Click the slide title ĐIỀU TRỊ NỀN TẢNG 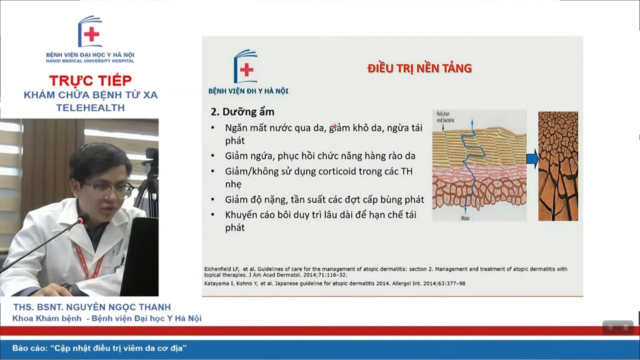(419, 68)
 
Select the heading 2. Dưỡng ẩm (242, 111)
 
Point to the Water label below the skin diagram (465, 218)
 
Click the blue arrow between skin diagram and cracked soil (532, 159)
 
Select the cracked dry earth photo (558, 166)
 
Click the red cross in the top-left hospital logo (91, 34)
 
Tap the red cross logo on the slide (246, 70)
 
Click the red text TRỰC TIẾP (90, 80)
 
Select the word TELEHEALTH (90, 107)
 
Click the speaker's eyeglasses (108, 189)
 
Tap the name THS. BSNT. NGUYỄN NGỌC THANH (92, 307)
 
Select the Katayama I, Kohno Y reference (335, 283)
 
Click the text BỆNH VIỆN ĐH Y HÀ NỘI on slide (248, 91)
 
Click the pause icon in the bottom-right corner (610, 327)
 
